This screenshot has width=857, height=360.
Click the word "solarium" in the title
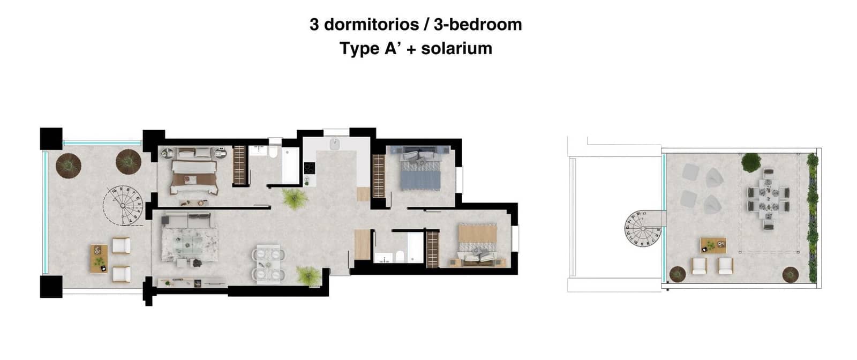point(456,48)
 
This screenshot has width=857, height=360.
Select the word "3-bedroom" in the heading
point(478,24)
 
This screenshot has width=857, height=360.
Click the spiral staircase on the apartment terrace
point(124,205)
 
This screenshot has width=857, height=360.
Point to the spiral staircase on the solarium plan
point(642,229)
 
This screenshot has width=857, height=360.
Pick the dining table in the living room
point(267,264)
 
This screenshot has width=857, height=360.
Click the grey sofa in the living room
point(186,219)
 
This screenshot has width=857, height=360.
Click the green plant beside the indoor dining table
point(308,276)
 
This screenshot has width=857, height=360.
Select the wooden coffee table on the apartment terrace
point(99,259)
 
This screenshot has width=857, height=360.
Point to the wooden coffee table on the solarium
point(713,245)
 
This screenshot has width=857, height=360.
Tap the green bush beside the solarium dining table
point(751,161)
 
